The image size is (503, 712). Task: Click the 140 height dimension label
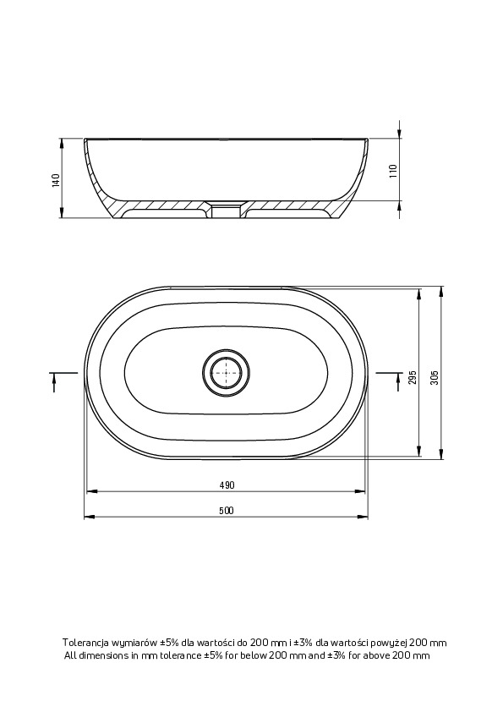click(56, 180)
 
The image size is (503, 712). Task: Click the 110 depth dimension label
click(393, 170)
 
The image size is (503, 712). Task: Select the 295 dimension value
click(413, 377)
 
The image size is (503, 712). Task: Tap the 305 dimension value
click(435, 377)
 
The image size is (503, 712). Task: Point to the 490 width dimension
click(227, 485)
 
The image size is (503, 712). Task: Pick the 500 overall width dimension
click(226, 511)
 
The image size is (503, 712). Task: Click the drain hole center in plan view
click(226, 372)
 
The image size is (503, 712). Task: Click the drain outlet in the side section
click(226, 210)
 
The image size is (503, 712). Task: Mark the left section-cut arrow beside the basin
click(54, 381)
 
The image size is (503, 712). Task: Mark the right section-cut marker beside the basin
click(397, 381)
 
